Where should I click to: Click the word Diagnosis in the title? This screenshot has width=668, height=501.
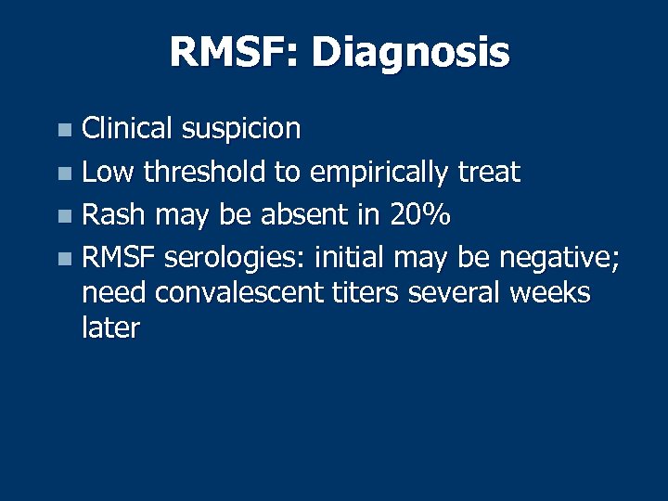410,53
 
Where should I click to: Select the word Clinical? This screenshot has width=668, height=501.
125,128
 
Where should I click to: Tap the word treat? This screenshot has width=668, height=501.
489,172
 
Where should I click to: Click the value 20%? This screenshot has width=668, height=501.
419,216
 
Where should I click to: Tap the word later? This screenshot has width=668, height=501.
110,328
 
